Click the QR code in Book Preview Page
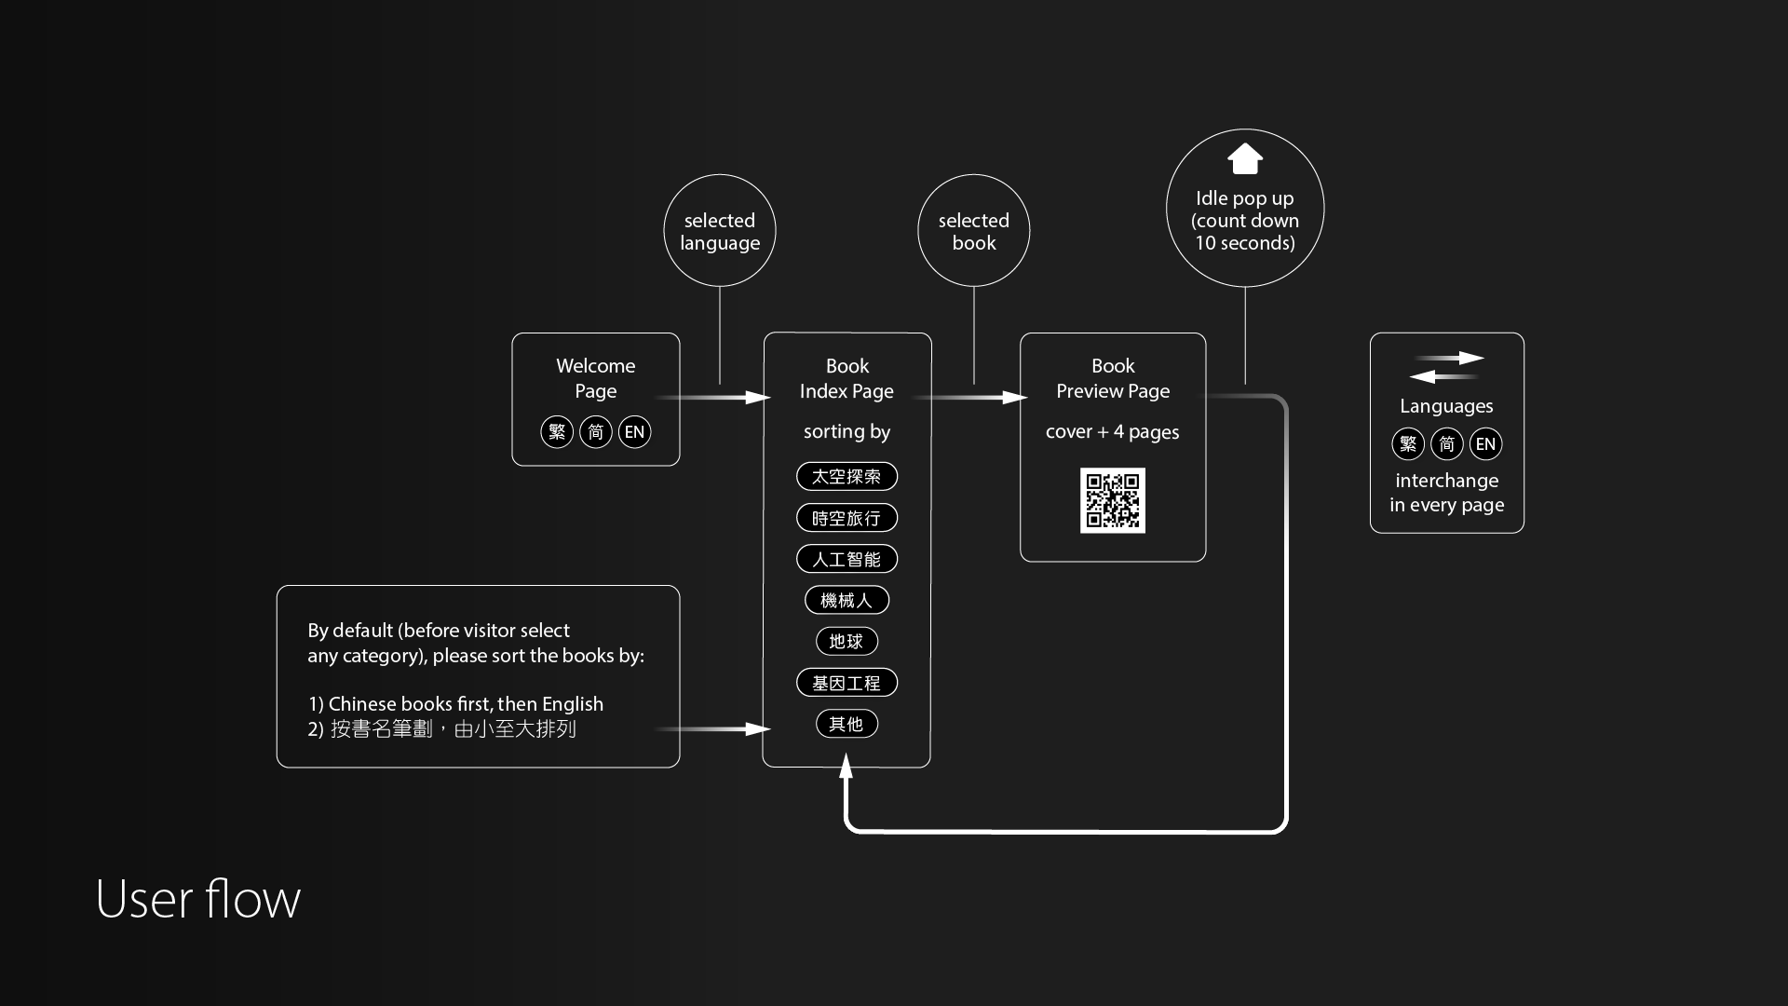coord(1113,500)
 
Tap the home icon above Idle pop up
coord(1245,159)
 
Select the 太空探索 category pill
coord(847,476)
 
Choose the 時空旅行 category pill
coord(847,518)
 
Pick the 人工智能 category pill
coord(847,559)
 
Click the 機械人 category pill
coord(847,600)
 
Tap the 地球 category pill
coord(847,641)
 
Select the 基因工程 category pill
coord(847,683)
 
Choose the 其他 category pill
coord(847,724)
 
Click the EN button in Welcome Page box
coord(635,432)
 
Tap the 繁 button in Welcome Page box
coord(557,432)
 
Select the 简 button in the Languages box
coord(1447,444)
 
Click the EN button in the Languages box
coord(1486,444)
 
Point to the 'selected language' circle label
coord(720,231)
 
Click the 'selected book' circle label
coord(974,231)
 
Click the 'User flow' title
coord(198,899)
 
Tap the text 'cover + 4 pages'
coord(1113,432)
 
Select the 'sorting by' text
coord(847,432)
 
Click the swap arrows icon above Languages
coord(1447,367)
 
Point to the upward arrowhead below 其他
coord(846,767)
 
